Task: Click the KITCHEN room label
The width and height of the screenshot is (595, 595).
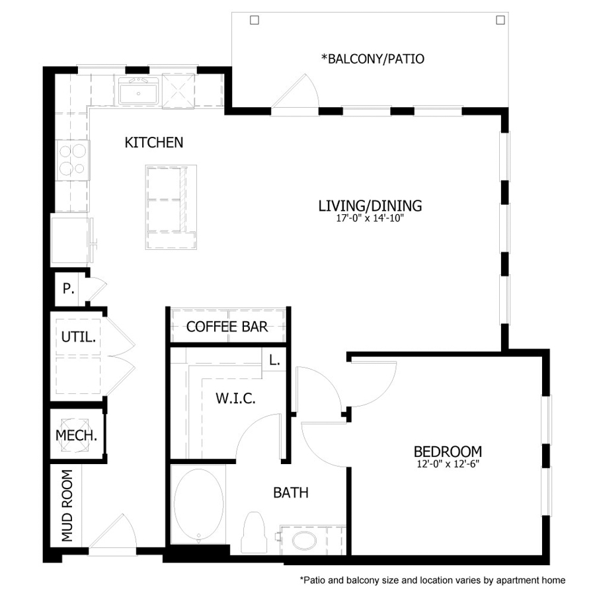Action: (154, 142)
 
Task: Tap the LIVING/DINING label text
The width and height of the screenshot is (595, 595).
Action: (370, 206)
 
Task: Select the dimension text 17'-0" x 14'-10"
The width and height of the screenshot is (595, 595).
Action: (370, 218)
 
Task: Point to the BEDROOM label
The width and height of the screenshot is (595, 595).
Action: (448, 452)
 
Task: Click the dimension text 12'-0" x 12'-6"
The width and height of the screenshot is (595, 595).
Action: (448, 463)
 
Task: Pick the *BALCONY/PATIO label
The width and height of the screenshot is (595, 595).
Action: (372, 59)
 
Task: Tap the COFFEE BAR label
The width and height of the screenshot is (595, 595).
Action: (227, 327)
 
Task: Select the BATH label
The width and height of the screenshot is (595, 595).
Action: (291, 493)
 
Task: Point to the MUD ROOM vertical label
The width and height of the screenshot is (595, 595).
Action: (67, 506)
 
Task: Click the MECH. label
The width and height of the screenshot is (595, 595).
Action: (77, 436)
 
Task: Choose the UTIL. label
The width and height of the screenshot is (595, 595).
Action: (79, 337)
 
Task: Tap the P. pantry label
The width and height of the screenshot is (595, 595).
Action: (67, 289)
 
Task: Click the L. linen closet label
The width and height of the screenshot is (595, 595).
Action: (274, 361)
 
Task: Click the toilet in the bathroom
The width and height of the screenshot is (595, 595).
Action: (253, 531)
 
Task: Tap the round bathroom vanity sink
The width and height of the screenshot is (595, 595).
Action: (305, 541)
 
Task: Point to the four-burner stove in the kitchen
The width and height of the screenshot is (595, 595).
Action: (72, 161)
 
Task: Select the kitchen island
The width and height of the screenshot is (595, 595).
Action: (171, 207)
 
